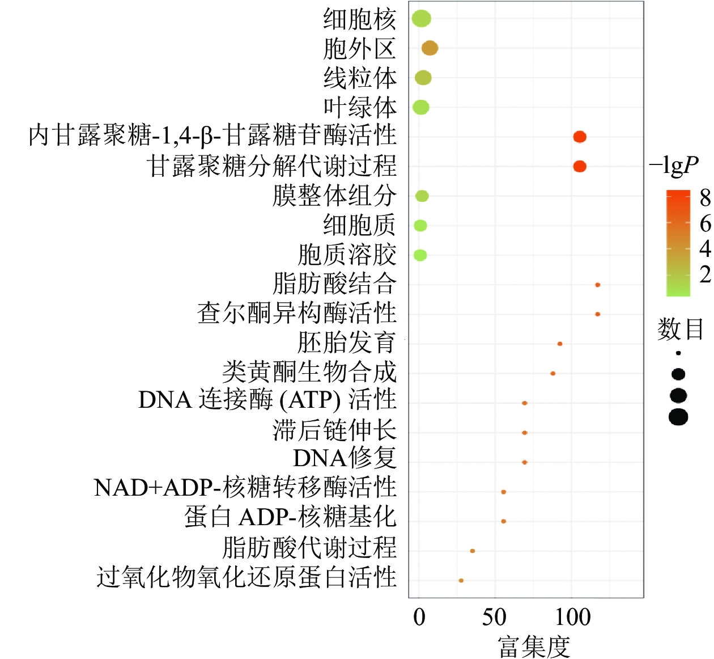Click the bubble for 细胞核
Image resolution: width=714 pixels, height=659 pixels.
(421, 19)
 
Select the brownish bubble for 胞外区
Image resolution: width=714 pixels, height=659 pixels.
(430, 49)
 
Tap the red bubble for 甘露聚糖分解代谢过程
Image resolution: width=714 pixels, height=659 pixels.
(579, 166)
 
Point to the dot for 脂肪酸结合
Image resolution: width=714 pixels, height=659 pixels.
(597, 285)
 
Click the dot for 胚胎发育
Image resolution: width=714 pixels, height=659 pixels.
(559, 344)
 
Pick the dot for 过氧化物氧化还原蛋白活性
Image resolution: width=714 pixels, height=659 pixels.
(461, 580)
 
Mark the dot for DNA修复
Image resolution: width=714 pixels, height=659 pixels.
(524, 462)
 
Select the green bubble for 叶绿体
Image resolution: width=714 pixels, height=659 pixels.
(420, 107)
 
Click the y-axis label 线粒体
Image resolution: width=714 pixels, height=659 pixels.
(360, 78)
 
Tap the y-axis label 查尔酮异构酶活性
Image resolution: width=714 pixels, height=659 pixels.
(296, 313)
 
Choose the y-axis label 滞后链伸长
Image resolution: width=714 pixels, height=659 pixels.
(334, 430)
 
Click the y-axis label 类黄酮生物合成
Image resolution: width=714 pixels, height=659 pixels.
(309, 372)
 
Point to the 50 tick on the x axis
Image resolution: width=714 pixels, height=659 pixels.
(494, 617)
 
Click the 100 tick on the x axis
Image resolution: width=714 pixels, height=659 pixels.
(572, 617)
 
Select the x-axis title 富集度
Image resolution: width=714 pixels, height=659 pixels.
(533, 647)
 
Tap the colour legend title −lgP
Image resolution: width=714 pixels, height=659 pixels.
(674, 165)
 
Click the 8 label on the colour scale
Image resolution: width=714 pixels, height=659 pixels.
(705, 198)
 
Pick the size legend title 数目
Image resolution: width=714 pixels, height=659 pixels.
(680, 329)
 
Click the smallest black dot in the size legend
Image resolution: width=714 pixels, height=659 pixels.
(678, 353)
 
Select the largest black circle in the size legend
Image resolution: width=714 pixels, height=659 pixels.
(678, 417)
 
